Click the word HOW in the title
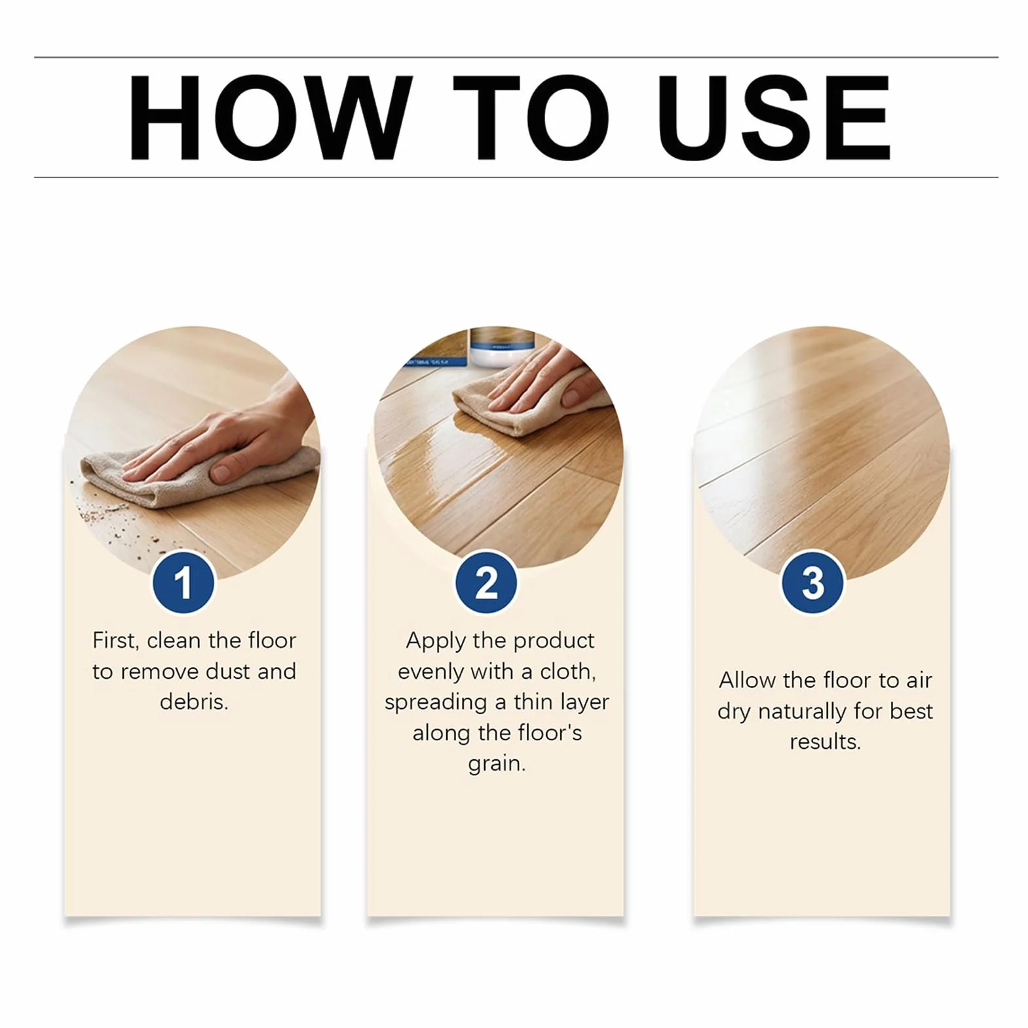[x=271, y=118]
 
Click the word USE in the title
[x=774, y=118]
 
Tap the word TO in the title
[x=531, y=118]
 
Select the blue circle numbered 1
[x=183, y=582]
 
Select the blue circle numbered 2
[x=486, y=582]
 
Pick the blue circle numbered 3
[x=812, y=582]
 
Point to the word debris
[x=194, y=702]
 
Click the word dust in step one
[x=229, y=671]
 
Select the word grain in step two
[x=497, y=764]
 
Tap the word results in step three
[x=825, y=742]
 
